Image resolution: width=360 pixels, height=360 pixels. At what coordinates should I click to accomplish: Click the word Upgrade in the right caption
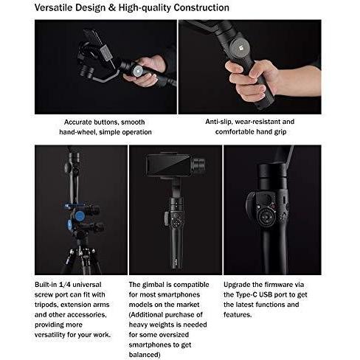[242, 284]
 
